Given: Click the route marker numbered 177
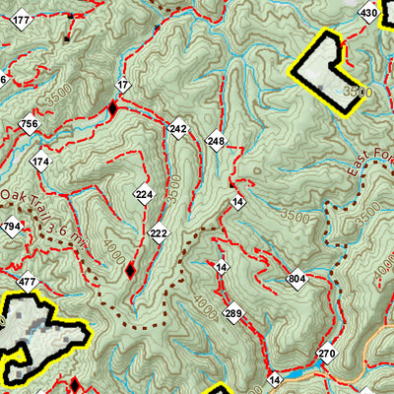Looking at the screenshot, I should (x=22, y=20).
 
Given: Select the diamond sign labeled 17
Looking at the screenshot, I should (x=122, y=87).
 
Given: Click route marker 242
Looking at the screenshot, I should (x=177, y=129).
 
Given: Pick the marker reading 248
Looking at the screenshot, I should (x=216, y=142).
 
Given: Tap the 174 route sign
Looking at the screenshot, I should (x=40, y=162).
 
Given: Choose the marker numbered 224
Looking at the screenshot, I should (x=144, y=194).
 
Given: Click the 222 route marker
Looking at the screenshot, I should (x=159, y=232).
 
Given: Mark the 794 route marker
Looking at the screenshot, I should (x=12, y=228).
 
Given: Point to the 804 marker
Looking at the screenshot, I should (x=297, y=280).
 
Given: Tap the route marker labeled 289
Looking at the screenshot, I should (x=232, y=314).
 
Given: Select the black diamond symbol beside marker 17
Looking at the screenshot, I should (x=111, y=109).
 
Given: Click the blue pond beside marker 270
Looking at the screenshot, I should (x=320, y=363).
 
